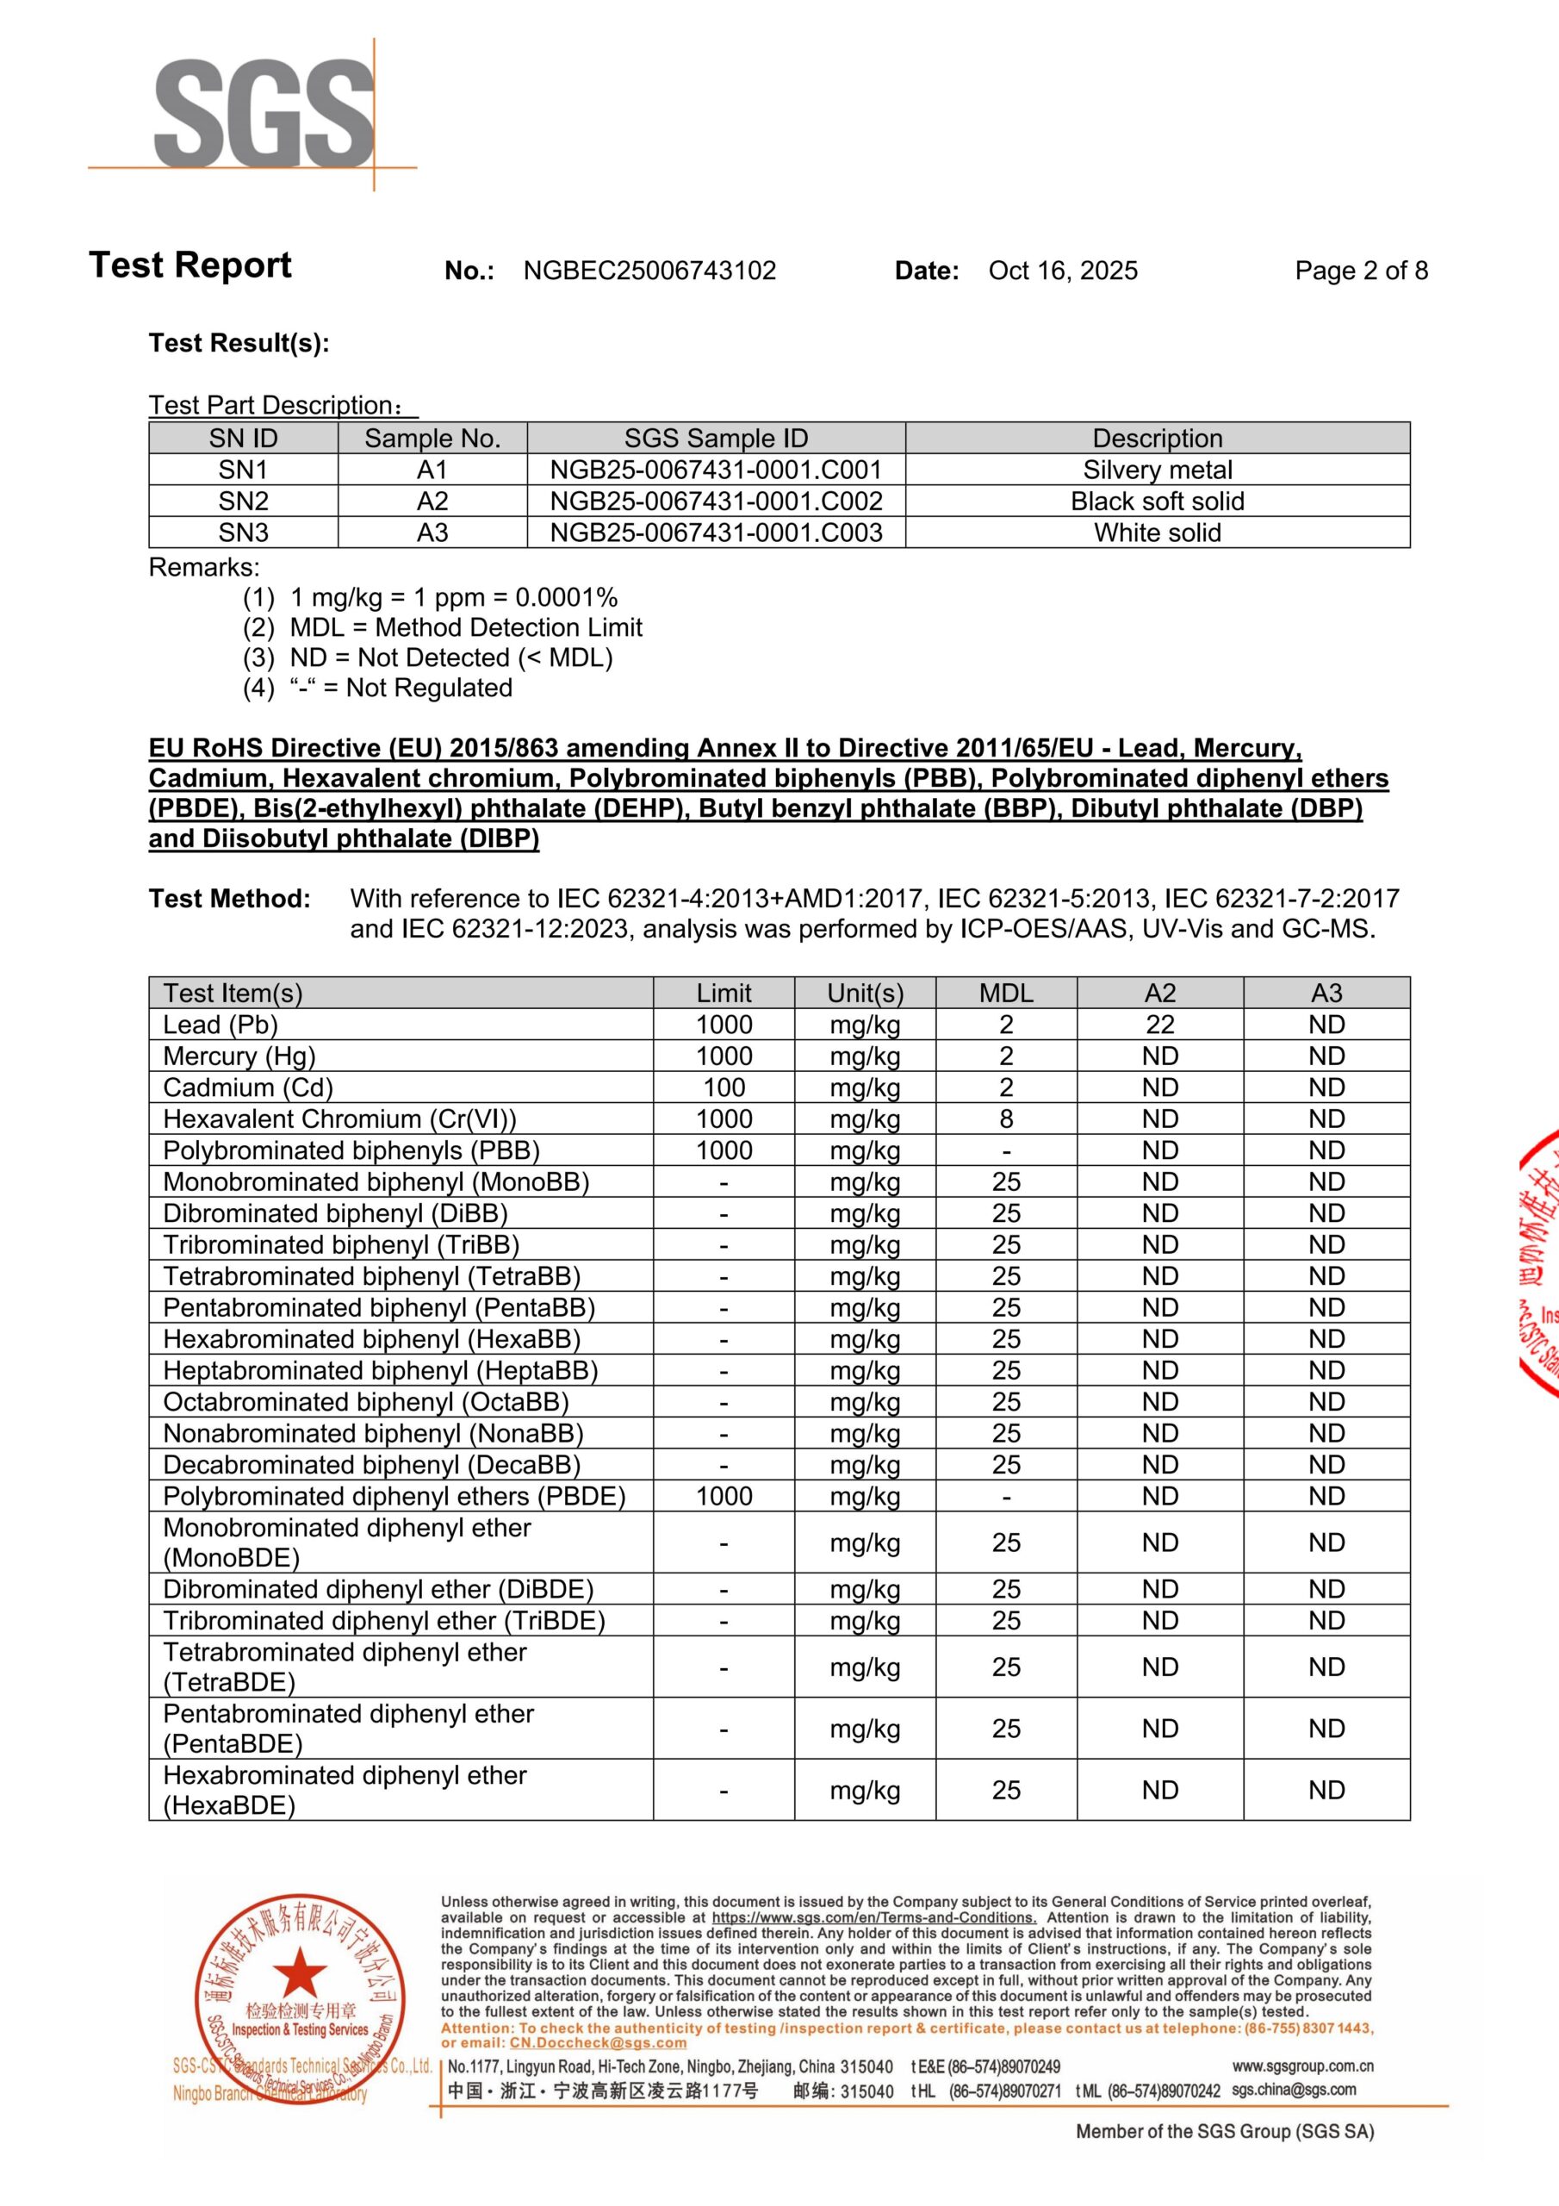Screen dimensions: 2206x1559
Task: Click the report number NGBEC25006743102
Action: [x=649, y=271]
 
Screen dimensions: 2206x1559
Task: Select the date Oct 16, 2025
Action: [x=1062, y=271]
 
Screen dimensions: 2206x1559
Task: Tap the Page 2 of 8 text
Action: [x=1360, y=271]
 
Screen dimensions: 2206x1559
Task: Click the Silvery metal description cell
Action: [x=1157, y=470]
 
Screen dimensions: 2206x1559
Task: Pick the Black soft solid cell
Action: [x=1157, y=502]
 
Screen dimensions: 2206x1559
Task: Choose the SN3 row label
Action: [x=243, y=533]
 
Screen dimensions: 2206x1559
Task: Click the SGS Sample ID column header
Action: [x=716, y=439]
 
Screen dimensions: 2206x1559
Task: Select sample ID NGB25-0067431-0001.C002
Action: [x=716, y=502]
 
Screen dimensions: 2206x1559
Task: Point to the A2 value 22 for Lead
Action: [x=1159, y=1025]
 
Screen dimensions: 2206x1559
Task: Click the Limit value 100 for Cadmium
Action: [x=724, y=1087]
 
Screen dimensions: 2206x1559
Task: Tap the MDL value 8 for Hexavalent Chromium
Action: [x=1006, y=1119]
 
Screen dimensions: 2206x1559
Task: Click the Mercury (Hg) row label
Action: [x=239, y=1056]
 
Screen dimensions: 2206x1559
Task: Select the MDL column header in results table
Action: [x=1006, y=994]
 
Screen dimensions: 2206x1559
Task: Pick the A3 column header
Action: [x=1326, y=994]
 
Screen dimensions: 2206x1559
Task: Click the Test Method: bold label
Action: [x=230, y=900]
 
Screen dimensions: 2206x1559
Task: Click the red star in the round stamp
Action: [x=300, y=1973]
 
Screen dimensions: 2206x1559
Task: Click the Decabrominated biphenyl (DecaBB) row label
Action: [x=372, y=1465]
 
